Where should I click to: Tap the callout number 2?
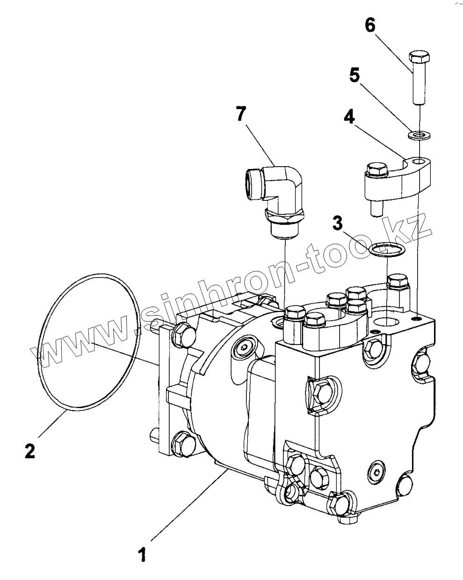(30, 450)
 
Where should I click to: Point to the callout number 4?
(349, 117)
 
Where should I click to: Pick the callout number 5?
(354, 74)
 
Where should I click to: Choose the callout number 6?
(370, 26)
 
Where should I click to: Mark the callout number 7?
(241, 113)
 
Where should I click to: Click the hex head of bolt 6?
(419, 56)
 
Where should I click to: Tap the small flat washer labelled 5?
(419, 134)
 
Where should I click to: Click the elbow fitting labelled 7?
(274, 202)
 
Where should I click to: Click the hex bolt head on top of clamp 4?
(377, 169)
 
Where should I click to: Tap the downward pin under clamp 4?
(377, 209)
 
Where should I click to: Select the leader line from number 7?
(260, 145)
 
